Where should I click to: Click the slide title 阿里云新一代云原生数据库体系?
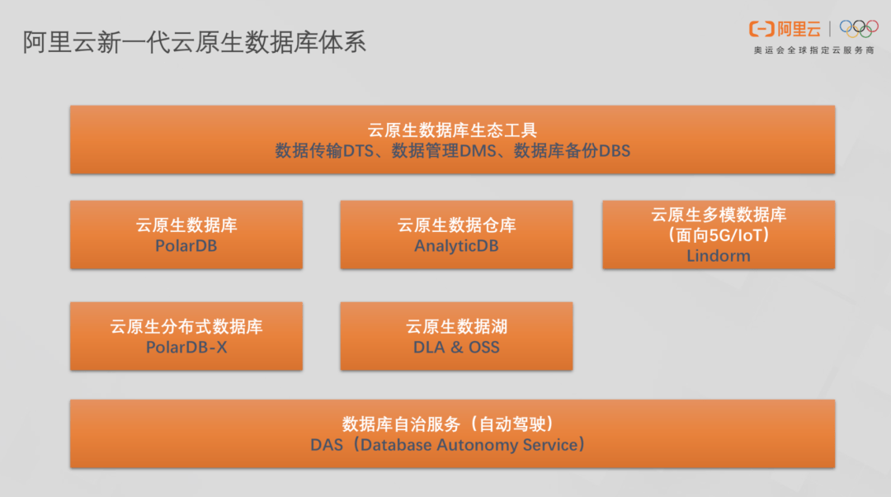(195, 42)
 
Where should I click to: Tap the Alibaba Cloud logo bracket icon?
(761, 30)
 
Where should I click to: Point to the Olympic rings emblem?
(859, 29)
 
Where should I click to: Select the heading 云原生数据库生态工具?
(452, 130)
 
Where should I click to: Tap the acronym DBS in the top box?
(614, 151)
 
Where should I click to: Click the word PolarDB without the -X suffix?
(186, 246)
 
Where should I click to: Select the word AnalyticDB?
(456, 246)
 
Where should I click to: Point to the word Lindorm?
(719, 256)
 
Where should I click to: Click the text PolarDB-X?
(186, 348)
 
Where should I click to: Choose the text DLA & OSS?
(456, 348)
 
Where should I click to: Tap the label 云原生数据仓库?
(456, 225)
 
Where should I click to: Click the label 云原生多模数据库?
(719, 215)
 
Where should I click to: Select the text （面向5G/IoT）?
(719, 235)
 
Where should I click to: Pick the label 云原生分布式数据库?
(186, 327)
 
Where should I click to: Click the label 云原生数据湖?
(456, 327)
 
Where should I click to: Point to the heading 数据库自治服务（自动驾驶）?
(452, 424)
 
